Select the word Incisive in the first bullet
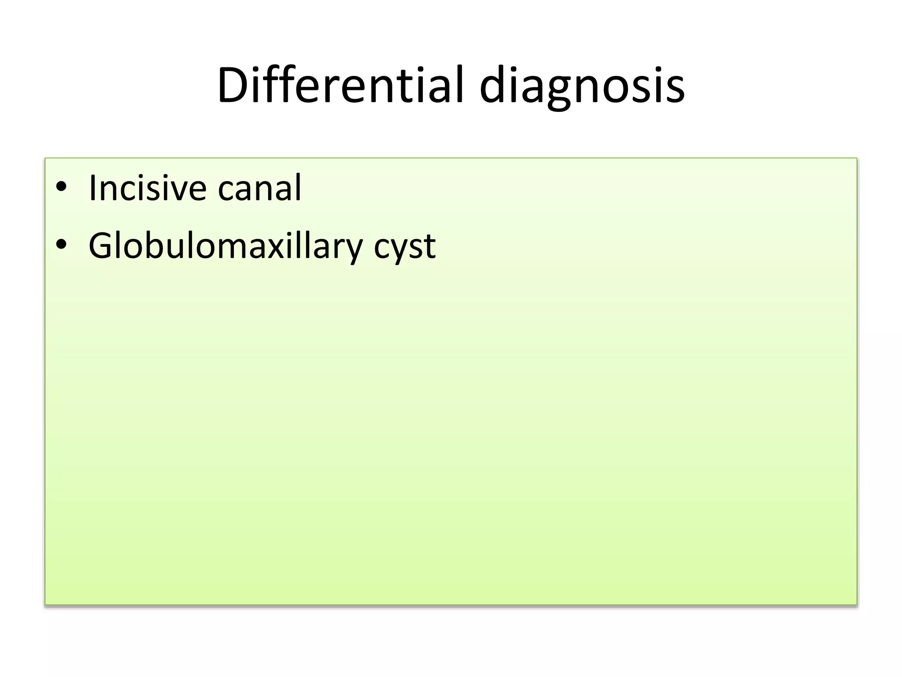(147, 188)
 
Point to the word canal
(259, 188)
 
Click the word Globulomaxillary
(225, 246)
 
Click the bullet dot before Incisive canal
(61, 187)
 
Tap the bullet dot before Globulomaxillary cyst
(61, 244)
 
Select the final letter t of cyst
(429, 247)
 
